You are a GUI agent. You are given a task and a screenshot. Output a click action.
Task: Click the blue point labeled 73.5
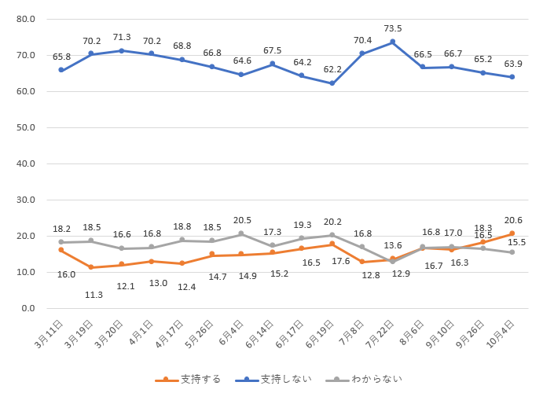coord(392,42)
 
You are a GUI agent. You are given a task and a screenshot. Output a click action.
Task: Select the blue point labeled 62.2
coord(332,83)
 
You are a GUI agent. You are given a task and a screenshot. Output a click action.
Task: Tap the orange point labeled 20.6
coord(512,233)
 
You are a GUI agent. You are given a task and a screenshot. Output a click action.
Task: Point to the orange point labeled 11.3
coord(91,267)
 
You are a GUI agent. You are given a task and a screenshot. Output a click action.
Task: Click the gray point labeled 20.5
coord(241,233)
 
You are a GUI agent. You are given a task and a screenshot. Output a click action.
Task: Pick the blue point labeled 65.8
coord(61,70)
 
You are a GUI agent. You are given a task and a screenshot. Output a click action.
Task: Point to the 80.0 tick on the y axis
coord(26,19)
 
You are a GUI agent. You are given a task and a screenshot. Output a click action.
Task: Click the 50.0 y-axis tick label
coord(26,127)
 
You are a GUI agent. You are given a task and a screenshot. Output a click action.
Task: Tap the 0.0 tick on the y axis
coord(29,308)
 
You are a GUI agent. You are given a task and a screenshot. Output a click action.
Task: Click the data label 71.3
coord(122,37)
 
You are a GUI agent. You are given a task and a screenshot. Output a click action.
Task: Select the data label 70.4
coord(362,40)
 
